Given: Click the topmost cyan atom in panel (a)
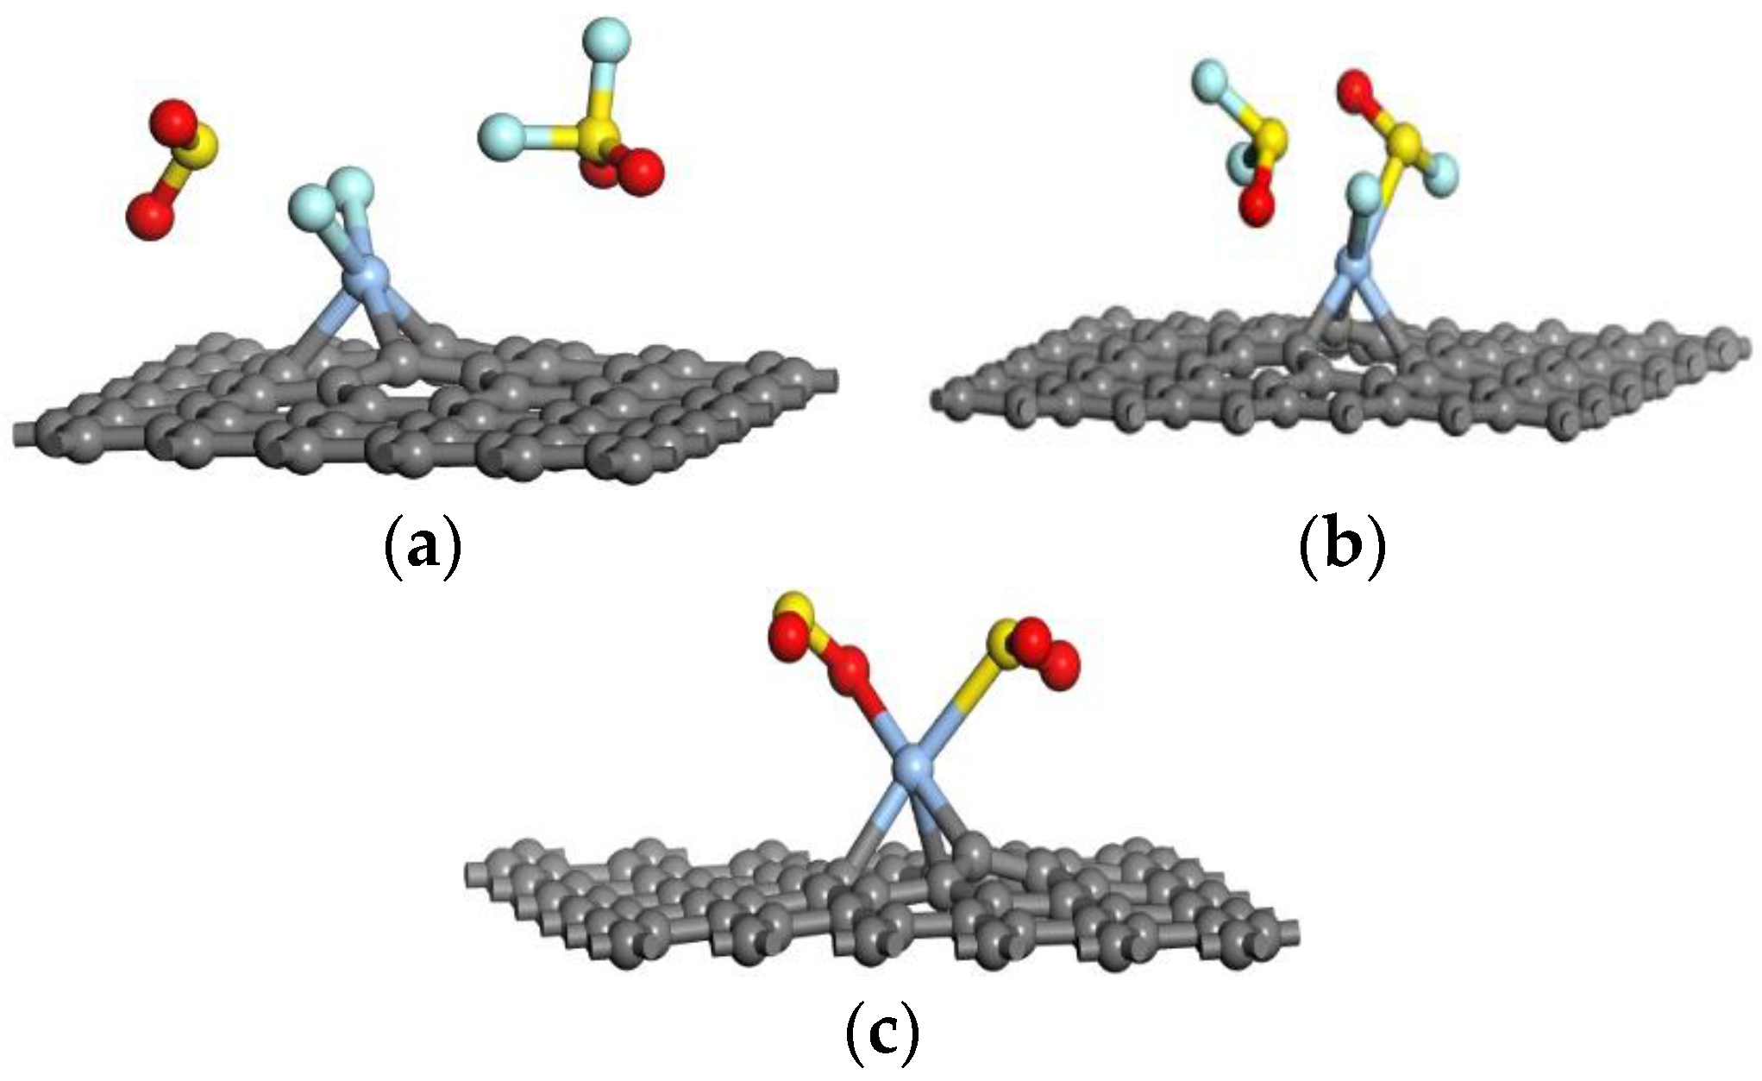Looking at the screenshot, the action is click(605, 38).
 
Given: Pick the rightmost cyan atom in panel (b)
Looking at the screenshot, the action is click(1439, 171).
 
